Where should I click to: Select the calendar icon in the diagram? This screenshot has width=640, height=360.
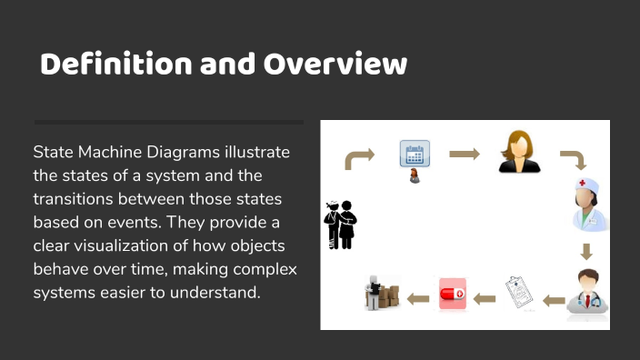pyautogui.click(x=415, y=154)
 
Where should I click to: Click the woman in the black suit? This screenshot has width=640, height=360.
pyautogui.click(x=519, y=152)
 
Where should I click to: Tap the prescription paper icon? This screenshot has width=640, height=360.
pyautogui.click(x=518, y=295)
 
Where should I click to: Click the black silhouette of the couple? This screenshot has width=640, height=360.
pyautogui.click(x=341, y=224)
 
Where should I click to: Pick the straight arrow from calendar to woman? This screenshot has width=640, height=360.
pyautogui.click(x=464, y=154)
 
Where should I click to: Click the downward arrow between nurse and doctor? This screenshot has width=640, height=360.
pyautogui.click(x=586, y=251)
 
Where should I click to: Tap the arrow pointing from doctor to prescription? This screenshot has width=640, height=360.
pyautogui.click(x=554, y=298)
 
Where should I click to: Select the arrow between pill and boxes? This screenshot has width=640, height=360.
pyautogui.click(x=418, y=298)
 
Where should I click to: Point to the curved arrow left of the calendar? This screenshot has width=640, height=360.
pyautogui.click(x=359, y=159)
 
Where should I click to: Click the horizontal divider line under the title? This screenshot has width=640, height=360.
pyautogui.click(x=168, y=121)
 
